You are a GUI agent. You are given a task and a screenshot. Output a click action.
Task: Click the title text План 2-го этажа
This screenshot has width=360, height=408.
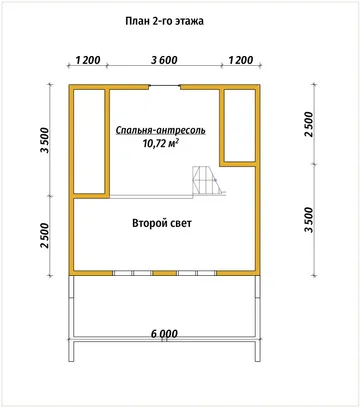(164, 21)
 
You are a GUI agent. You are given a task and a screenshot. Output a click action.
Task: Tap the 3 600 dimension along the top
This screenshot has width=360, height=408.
(164, 60)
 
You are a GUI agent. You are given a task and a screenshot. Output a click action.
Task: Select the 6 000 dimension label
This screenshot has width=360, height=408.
(164, 334)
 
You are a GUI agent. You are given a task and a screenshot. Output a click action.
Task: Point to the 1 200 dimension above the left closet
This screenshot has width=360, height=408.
(88, 60)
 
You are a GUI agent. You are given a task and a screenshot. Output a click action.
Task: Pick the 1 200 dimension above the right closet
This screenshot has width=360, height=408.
(241, 60)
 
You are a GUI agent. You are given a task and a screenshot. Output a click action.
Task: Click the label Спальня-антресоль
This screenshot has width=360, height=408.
(161, 130)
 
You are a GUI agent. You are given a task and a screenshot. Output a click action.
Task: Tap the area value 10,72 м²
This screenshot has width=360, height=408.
(160, 143)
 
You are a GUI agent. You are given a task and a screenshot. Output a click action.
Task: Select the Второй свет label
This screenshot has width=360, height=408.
(162, 223)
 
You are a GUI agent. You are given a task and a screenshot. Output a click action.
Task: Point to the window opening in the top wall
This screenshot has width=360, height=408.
(164, 87)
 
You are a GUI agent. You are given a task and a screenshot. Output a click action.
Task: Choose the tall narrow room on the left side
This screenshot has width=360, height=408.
(89, 141)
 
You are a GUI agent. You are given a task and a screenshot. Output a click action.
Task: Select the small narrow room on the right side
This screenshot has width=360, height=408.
(240, 125)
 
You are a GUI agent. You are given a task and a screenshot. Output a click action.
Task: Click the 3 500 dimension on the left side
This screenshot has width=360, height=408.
(45, 140)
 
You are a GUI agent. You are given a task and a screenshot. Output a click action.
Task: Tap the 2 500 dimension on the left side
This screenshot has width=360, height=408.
(45, 236)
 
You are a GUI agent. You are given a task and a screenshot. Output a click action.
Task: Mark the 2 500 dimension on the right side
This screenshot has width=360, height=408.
(309, 124)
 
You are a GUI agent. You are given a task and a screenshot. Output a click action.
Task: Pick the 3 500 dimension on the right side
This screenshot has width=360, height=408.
(309, 220)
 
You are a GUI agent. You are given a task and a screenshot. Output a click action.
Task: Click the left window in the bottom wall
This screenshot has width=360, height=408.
(133, 273)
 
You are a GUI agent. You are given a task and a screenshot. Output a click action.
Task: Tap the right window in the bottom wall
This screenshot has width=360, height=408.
(196, 273)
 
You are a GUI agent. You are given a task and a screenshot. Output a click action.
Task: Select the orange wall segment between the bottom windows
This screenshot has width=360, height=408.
(165, 273)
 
